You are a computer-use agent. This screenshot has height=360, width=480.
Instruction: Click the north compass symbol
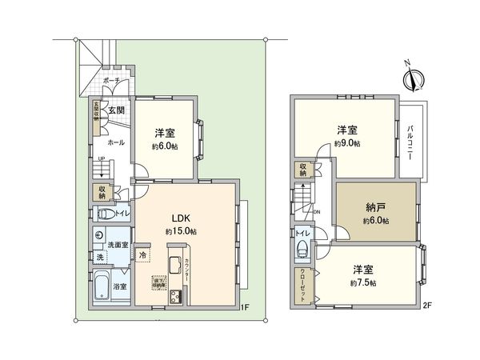[414, 78]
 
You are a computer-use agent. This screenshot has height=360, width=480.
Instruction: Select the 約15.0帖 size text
[182, 231]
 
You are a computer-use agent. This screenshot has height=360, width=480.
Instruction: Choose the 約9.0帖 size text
[346, 143]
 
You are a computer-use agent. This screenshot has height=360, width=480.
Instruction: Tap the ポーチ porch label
[111, 81]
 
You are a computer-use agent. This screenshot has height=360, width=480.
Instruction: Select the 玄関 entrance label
[115, 110]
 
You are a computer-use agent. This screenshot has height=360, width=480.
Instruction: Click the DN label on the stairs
[316, 212]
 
